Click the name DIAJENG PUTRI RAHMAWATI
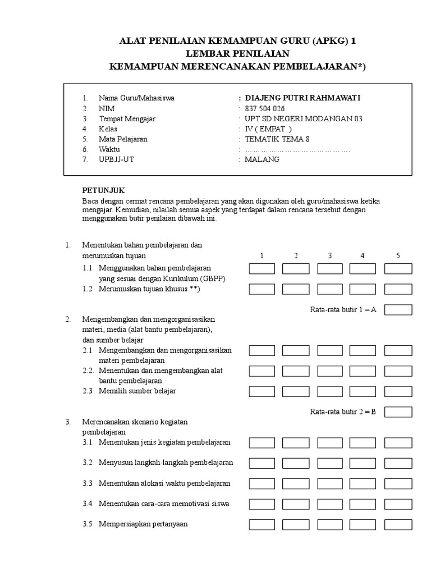pos(303,98)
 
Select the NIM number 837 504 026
pos(265,108)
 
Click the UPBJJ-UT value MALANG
pos(262,159)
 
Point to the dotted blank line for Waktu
pos(297,149)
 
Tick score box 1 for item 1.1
pos(262,268)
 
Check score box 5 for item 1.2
pos(398,289)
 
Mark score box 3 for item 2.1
pos(330,351)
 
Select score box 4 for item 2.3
pos(363,391)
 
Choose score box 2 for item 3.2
pos(296,463)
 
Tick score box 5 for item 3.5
pos(398,524)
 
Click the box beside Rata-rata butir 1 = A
pos(398,310)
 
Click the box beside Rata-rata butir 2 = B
pos(398,412)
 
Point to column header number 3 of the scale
pos(330,256)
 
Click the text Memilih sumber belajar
pos(137,391)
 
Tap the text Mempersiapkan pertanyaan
pos(143,524)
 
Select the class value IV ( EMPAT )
pos(268,129)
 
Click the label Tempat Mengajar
pos(127,118)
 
